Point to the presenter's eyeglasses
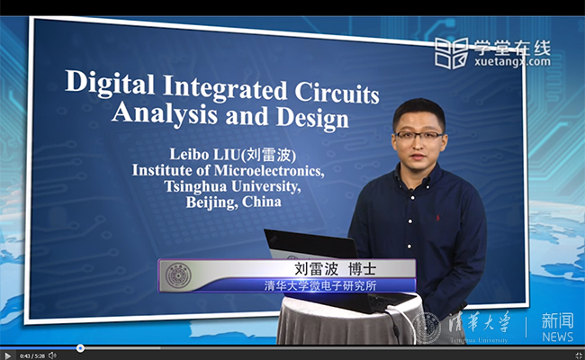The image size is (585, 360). point(419,136)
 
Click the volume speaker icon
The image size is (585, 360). point(51,355)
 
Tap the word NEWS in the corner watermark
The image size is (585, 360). point(557,337)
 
